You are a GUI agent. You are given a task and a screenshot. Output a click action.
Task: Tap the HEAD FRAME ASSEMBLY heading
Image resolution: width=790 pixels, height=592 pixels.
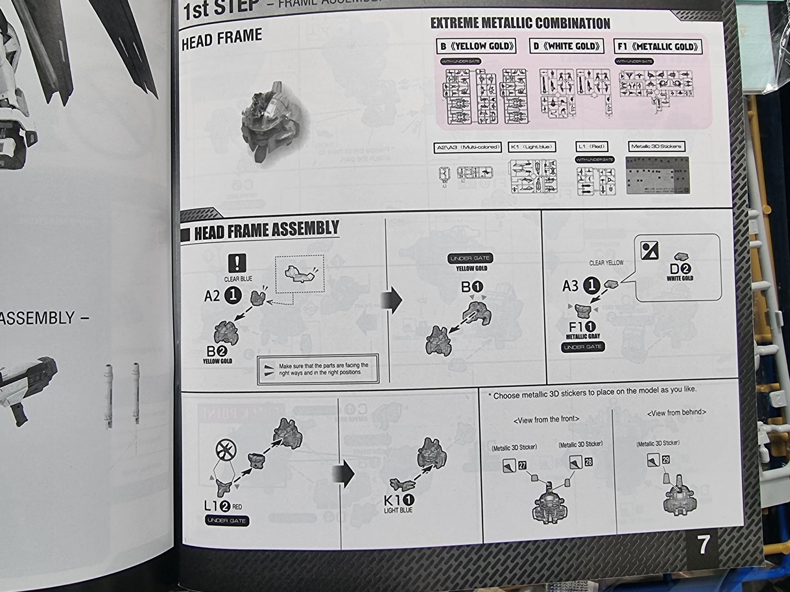[266, 231]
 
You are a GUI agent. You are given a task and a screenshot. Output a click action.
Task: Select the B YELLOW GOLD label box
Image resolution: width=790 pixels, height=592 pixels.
[476, 46]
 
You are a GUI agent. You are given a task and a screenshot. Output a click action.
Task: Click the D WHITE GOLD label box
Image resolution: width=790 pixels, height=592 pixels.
[566, 46]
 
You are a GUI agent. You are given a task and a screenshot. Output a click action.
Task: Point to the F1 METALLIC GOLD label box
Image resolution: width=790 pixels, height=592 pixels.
[658, 47]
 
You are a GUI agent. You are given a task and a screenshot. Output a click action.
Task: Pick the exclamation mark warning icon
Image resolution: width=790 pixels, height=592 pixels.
[237, 263]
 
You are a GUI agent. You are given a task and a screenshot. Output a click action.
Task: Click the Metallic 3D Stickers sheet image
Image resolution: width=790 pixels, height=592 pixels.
[658, 175]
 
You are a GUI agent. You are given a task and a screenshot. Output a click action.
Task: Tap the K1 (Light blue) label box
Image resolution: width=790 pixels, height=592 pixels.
[532, 147]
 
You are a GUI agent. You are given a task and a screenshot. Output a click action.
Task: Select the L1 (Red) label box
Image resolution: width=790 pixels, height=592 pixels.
[591, 146]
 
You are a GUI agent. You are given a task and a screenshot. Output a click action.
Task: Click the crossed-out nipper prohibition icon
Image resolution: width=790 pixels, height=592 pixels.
[226, 450]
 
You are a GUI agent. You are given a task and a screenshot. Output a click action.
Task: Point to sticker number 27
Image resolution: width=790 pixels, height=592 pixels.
[522, 465]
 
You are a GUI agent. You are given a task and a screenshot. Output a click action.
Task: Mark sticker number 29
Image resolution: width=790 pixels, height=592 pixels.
[666, 460]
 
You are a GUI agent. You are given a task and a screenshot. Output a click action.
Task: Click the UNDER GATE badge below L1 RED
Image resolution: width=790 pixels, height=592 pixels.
[227, 521]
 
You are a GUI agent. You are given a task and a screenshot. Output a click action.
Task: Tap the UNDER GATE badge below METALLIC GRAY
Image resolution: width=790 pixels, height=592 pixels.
[583, 347]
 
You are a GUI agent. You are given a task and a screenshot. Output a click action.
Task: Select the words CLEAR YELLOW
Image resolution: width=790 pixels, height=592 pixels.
[606, 263]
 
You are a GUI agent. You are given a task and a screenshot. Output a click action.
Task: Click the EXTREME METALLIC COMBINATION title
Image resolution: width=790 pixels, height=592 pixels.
[520, 23]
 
